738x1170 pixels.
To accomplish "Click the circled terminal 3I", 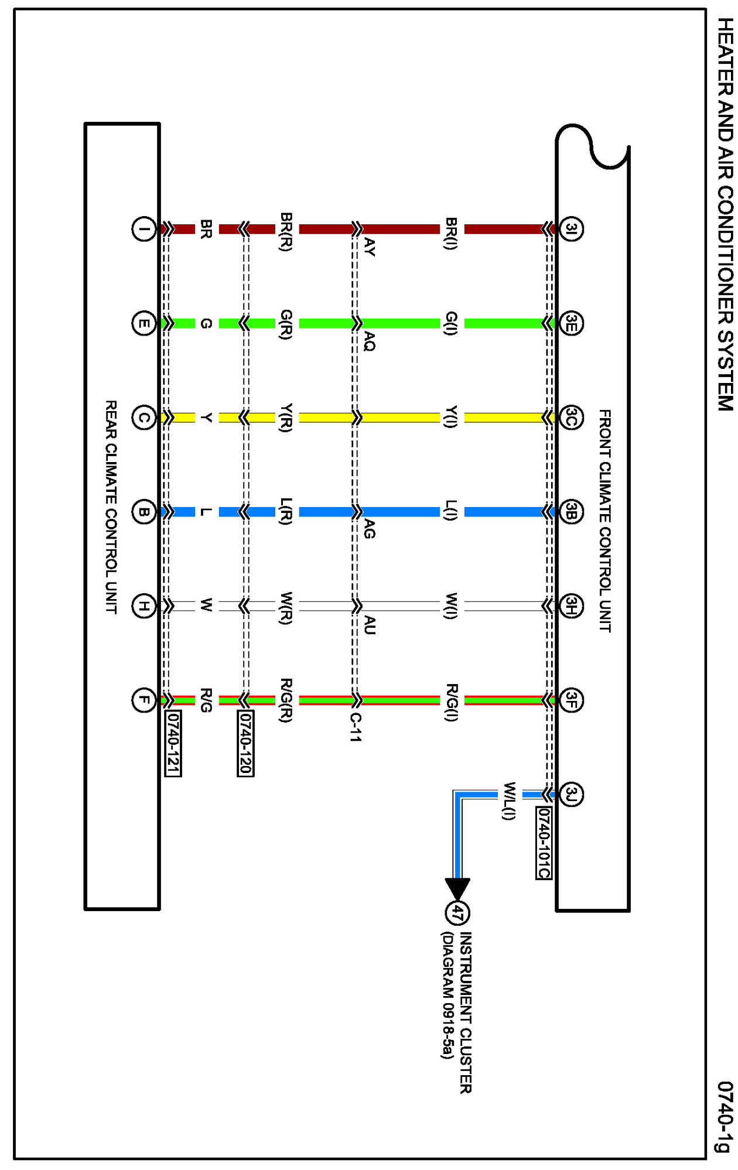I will click(x=571, y=228).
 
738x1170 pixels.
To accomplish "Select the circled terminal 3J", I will click(x=571, y=794).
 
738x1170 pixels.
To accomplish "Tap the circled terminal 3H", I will click(x=571, y=606).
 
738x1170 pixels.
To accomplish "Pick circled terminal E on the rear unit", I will click(x=143, y=323).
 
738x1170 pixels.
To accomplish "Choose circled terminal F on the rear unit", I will click(x=143, y=700).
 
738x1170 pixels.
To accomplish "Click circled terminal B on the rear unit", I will click(x=143, y=512).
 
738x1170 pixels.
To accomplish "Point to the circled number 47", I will click(x=457, y=912).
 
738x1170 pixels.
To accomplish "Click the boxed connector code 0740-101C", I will click(x=544, y=843).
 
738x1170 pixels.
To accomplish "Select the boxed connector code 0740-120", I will click(x=245, y=743).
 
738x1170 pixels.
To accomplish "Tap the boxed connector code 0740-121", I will click(x=173, y=743).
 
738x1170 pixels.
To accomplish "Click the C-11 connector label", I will click(x=356, y=727).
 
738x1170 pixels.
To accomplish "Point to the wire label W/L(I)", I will click(x=509, y=800).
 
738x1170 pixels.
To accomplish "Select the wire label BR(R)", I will click(x=286, y=232).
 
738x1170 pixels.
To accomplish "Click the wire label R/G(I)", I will click(x=451, y=702).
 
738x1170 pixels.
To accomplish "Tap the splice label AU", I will click(x=369, y=625).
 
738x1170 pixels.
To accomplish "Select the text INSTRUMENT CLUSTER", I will click(x=465, y=1012).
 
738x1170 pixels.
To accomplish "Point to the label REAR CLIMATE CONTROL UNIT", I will click(x=111, y=507).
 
